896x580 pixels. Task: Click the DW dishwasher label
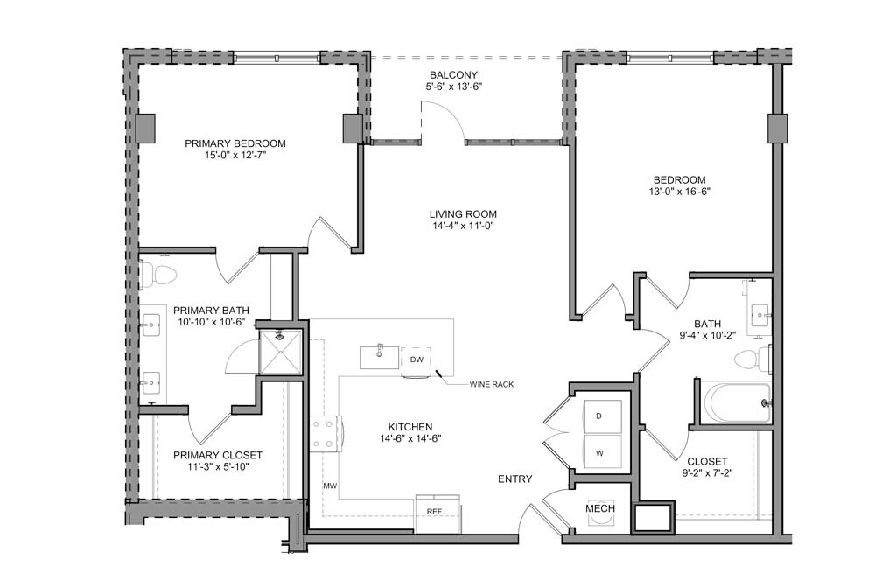point(416,360)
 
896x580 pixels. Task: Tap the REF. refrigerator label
point(435,512)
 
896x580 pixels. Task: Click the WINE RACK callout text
point(492,385)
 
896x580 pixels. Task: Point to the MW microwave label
point(330,486)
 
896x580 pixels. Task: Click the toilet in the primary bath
point(159,275)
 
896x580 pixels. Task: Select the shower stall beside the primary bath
point(280,352)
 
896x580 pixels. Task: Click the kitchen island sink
point(380,357)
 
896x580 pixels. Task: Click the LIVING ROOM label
point(463,214)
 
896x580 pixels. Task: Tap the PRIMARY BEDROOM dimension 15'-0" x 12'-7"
point(234,155)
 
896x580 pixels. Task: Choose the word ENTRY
point(514,479)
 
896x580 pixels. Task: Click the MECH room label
point(600,508)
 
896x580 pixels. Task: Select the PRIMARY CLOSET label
point(218,456)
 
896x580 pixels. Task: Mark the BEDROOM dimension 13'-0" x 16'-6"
point(679,192)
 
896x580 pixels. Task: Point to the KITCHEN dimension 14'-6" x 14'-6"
point(410,438)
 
